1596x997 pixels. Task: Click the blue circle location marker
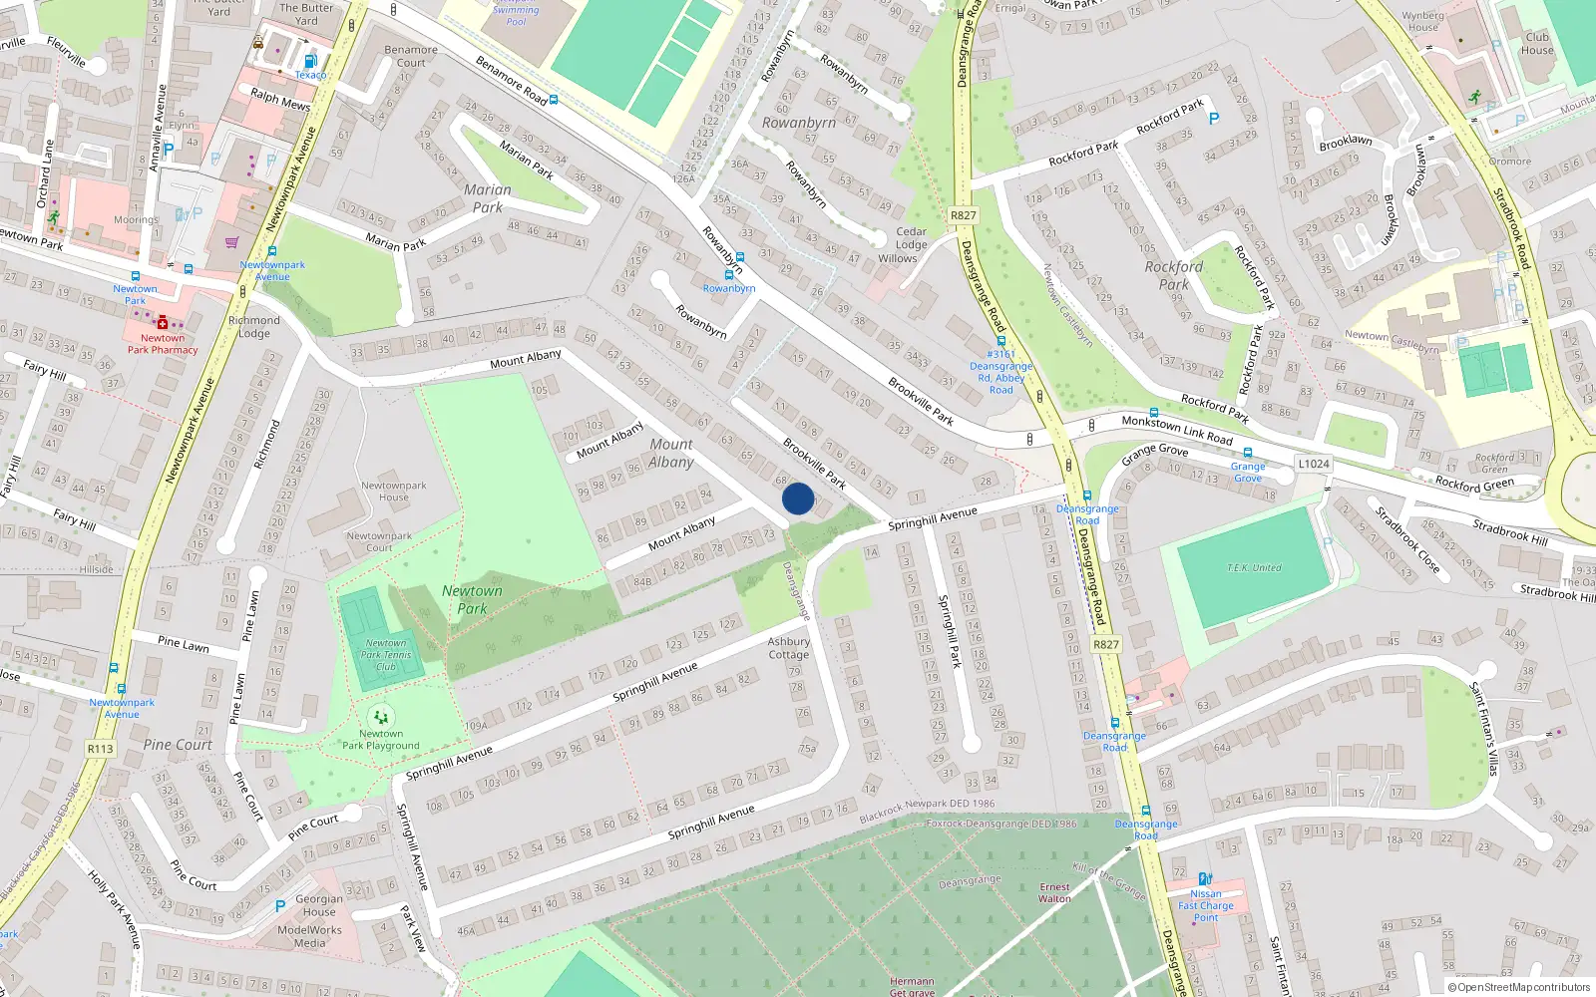(798, 498)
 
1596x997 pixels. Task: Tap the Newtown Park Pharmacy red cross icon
(162, 322)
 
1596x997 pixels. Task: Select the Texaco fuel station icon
(309, 62)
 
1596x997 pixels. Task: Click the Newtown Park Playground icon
(380, 717)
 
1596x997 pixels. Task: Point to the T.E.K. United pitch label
(1254, 567)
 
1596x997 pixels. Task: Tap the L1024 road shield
(1314, 464)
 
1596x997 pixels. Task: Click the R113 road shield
(101, 749)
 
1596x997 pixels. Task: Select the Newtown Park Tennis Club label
(386, 655)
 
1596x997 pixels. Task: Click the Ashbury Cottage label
(789, 648)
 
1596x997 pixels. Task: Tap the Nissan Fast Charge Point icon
(1205, 879)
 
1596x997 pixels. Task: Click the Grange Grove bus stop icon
(1247, 454)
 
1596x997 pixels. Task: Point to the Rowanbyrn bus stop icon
(729, 275)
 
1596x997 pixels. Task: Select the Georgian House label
(319, 905)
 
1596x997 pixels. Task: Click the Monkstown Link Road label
(1177, 430)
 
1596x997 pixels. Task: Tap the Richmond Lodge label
(254, 327)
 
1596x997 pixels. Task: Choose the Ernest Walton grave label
(1054, 892)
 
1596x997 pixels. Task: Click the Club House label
(1537, 44)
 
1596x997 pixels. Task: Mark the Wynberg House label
(1422, 21)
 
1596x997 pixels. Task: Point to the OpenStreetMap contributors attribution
(1519, 987)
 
